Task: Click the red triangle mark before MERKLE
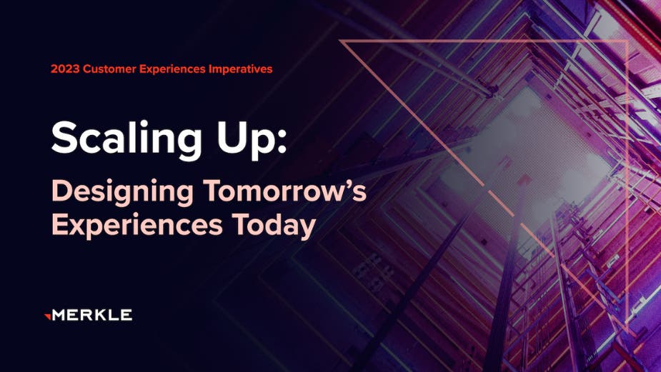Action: point(47,314)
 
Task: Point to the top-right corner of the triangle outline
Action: point(627,41)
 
